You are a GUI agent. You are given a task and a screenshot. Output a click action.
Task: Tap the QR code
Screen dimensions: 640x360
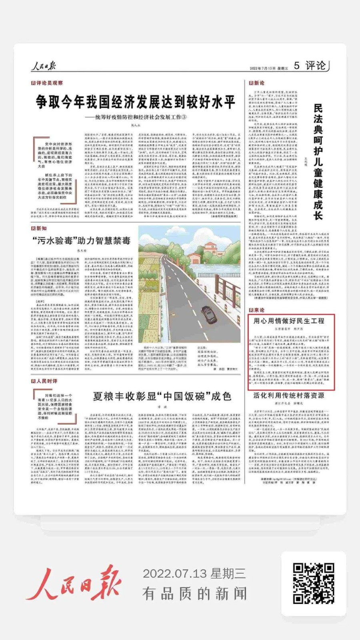pyautogui.click(x=313, y=583)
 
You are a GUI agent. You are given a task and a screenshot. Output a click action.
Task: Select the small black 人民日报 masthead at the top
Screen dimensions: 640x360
pyautogui.click(x=44, y=66)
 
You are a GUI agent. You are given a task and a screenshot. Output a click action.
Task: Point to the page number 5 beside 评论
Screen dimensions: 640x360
pyautogui.click(x=296, y=66)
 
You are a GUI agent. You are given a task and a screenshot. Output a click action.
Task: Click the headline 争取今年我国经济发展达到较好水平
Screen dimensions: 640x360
pyautogui.click(x=135, y=102)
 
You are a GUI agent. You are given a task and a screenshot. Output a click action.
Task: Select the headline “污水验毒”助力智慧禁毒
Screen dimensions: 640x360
pyautogui.click(x=81, y=240)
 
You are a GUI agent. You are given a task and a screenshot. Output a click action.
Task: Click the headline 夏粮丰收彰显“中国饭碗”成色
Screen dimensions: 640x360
pyautogui.click(x=162, y=396)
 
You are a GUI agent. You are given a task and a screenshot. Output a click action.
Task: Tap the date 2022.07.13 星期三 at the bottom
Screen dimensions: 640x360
pyautogui.click(x=194, y=574)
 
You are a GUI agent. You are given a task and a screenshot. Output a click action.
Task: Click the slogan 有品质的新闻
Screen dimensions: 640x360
pyautogui.click(x=194, y=593)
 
